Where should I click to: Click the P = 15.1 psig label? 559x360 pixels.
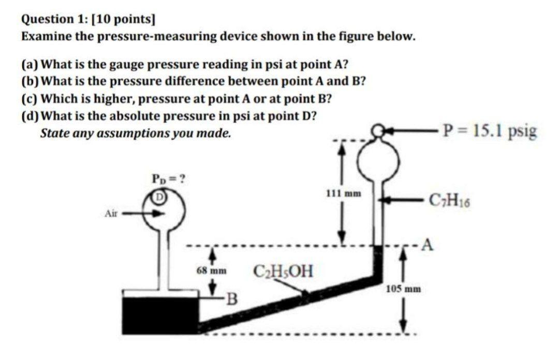490,131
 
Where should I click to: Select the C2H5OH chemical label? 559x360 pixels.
283,271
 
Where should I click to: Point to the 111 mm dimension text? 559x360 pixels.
344,194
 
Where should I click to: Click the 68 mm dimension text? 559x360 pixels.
212,271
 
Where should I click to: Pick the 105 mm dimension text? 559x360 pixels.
403,289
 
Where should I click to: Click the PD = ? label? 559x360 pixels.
168,178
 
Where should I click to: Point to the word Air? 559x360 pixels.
111,214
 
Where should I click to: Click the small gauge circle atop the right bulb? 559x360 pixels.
378,130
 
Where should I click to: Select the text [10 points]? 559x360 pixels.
123,20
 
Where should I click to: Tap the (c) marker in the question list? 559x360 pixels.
30,99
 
